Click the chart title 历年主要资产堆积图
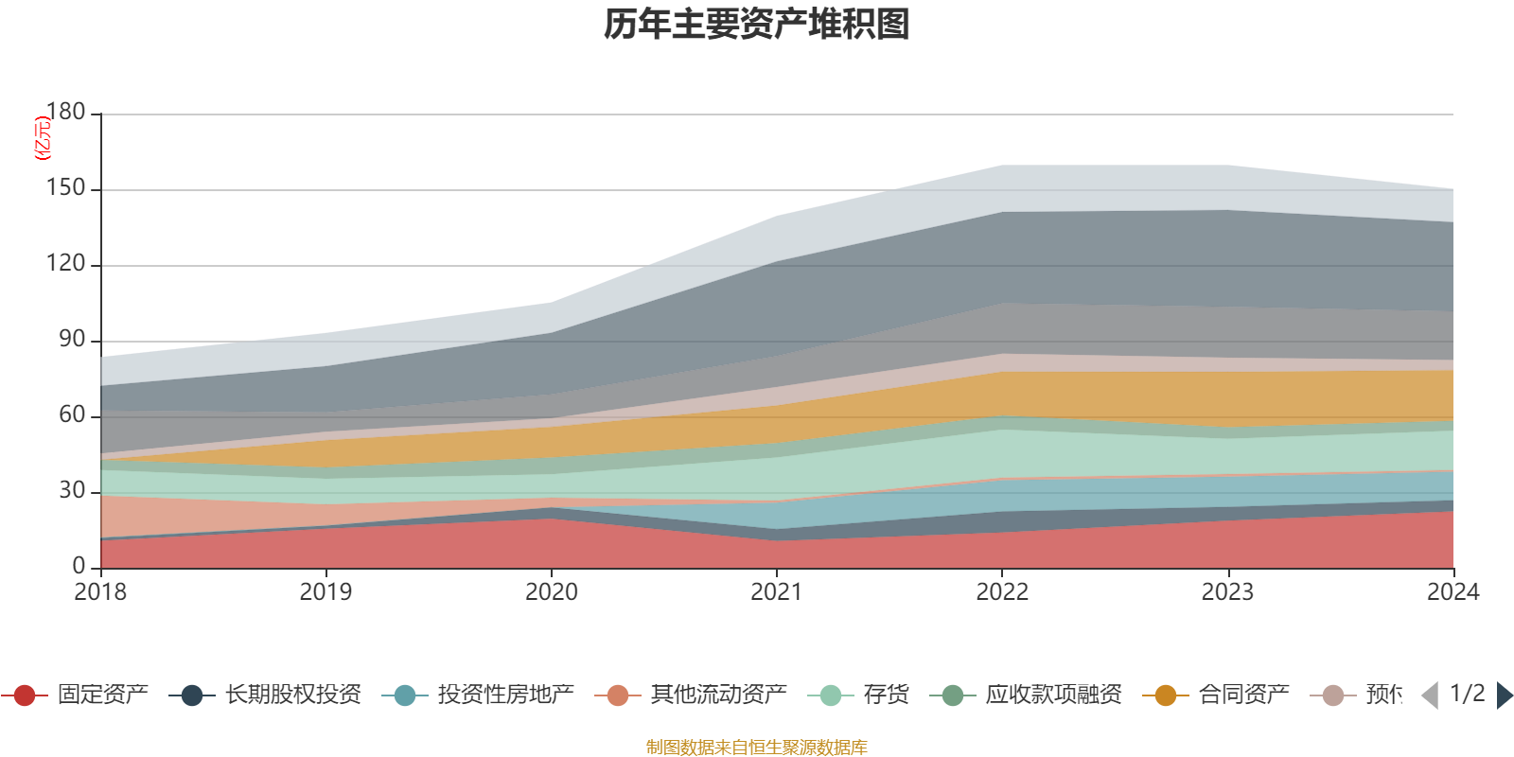(757, 25)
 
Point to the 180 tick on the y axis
(66, 113)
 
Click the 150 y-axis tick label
(66, 188)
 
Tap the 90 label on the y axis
(72, 340)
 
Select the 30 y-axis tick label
(72, 491)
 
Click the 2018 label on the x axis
(100, 592)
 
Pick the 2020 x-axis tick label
(552, 592)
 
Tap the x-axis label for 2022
(1002, 592)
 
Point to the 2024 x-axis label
(1452, 592)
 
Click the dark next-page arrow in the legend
(1504, 695)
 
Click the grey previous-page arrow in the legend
(1430, 695)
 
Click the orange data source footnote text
(757, 748)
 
